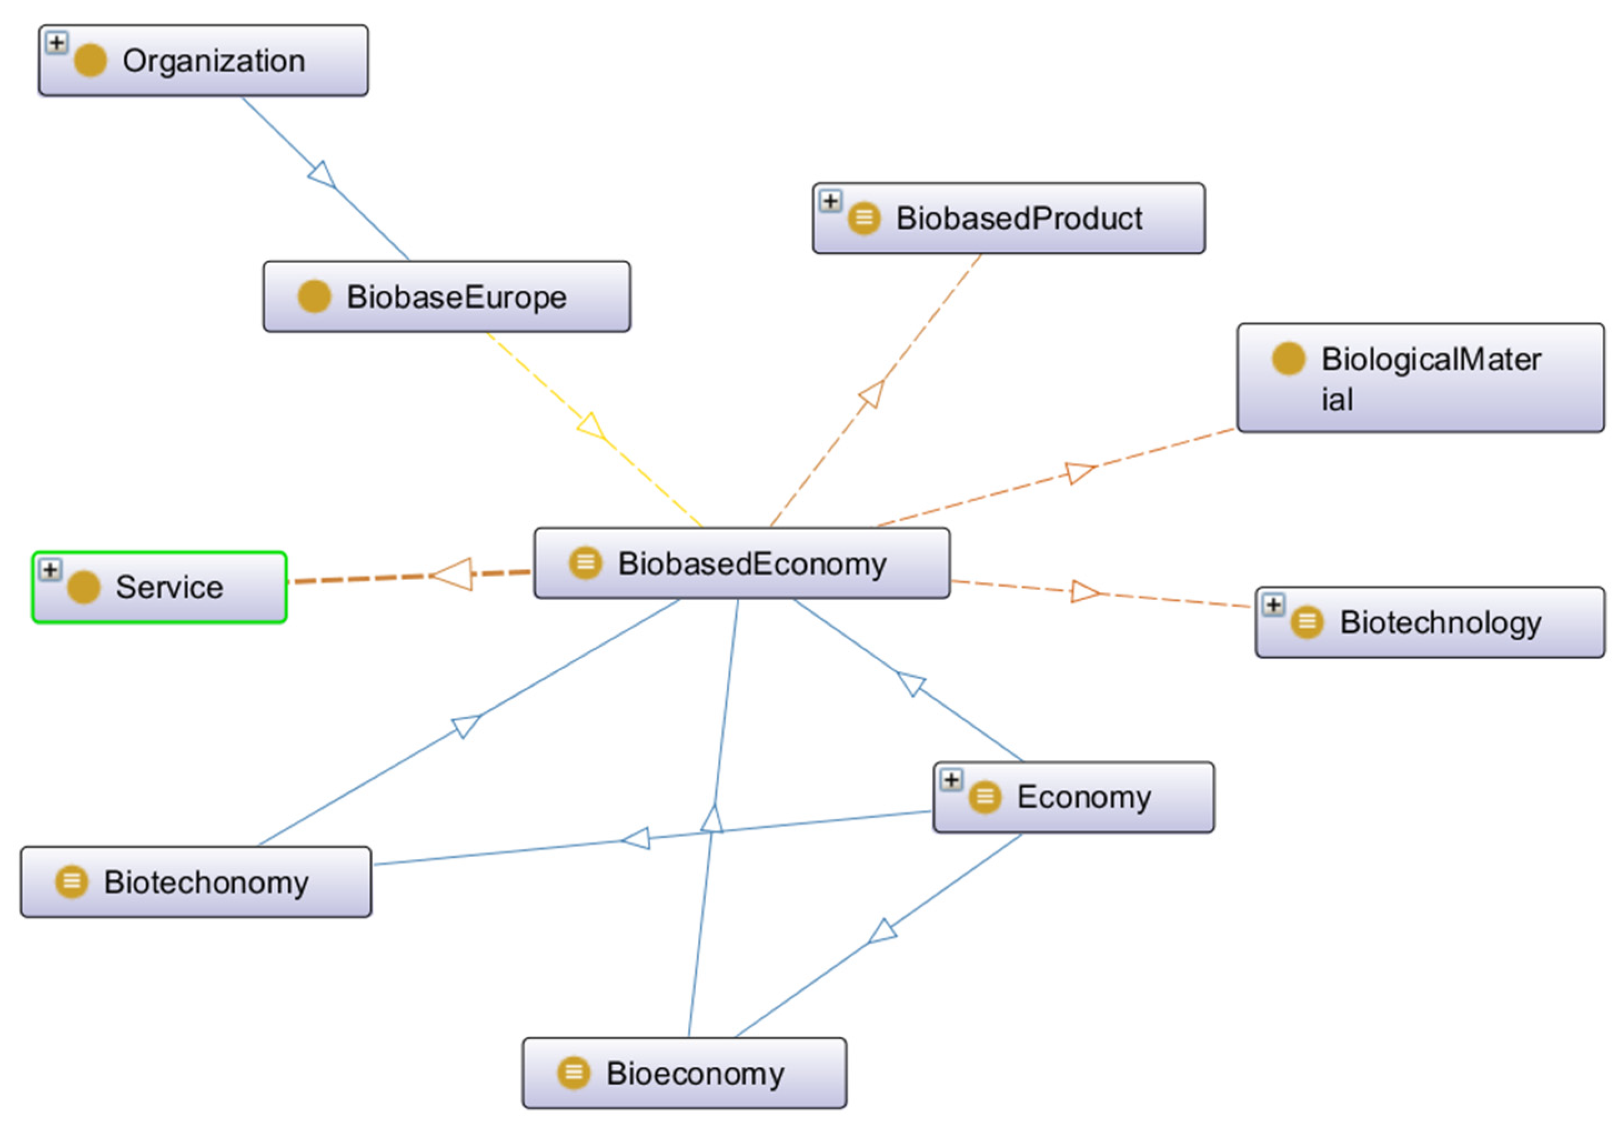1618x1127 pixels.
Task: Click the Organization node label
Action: pyautogui.click(x=214, y=61)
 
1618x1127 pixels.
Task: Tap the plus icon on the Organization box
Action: pyautogui.click(x=57, y=43)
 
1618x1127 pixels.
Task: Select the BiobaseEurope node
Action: pyautogui.click(x=447, y=296)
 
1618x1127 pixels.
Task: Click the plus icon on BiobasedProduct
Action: pyautogui.click(x=830, y=202)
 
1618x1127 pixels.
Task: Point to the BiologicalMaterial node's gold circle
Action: pyautogui.click(x=1288, y=359)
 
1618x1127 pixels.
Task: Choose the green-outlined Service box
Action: pyautogui.click(x=159, y=587)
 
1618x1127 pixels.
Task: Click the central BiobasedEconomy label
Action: pyautogui.click(x=752, y=564)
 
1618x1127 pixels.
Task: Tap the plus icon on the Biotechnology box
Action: pyautogui.click(x=1273, y=605)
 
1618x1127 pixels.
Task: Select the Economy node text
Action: pyautogui.click(x=1084, y=797)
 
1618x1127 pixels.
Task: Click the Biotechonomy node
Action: pyautogui.click(x=196, y=882)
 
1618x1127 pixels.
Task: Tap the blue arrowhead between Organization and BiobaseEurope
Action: pyautogui.click(x=323, y=175)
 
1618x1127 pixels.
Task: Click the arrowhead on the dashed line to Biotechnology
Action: pyautogui.click(x=1083, y=591)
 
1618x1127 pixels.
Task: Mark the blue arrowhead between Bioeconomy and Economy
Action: pyautogui.click(x=882, y=931)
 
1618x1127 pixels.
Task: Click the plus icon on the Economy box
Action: pyautogui.click(x=951, y=779)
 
